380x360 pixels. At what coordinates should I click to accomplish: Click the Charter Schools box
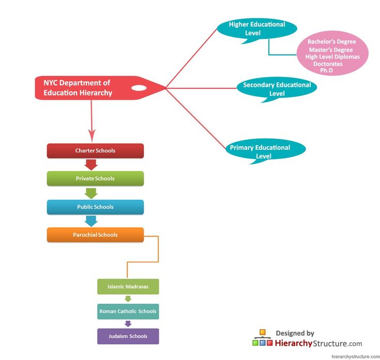95,151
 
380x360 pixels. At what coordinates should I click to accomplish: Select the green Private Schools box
95,179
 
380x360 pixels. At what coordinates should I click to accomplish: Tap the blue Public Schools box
95,207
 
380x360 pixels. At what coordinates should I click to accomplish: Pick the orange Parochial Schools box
95,235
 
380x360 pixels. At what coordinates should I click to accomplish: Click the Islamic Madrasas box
128,287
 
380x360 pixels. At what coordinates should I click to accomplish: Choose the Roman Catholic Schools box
128,311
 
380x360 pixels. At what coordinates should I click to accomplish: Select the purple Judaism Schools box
128,336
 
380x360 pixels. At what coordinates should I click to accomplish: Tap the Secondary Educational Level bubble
277,89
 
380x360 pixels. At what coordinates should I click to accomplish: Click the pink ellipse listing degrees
332,56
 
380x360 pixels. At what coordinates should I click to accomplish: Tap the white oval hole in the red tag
139,88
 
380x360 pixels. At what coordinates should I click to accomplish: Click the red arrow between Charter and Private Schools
92,165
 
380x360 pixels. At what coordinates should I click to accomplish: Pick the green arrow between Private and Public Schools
92,193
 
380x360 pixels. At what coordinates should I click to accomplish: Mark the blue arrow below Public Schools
92,221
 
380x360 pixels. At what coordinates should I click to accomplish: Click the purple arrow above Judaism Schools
128,324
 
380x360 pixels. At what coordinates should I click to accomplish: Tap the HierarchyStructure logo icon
262,338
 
